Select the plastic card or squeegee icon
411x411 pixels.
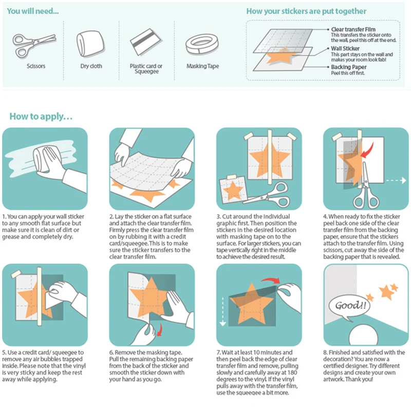coord(146,45)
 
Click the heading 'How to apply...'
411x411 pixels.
coord(41,117)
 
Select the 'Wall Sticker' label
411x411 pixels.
coord(345,49)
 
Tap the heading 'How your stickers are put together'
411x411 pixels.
coord(306,11)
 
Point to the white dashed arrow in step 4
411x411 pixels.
coord(397,181)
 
